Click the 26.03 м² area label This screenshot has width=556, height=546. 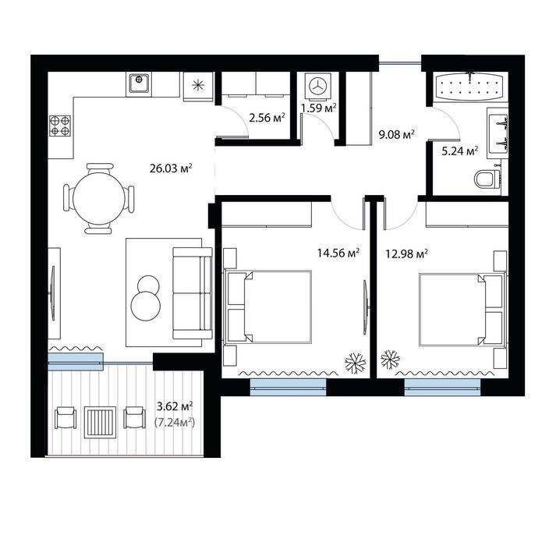(x=171, y=168)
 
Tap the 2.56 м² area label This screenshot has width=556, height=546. (x=267, y=118)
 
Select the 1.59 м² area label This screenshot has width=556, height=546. (x=318, y=108)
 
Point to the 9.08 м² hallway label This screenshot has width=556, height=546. (x=397, y=134)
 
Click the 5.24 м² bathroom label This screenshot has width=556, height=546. (x=460, y=151)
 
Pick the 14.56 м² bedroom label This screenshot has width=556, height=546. (x=338, y=253)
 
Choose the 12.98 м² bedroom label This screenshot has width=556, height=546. (x=407, y=254)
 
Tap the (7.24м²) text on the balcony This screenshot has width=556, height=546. (x=175, y=423)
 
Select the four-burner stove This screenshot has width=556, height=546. (x=59, y=126)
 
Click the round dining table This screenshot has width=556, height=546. (x=99, y=198)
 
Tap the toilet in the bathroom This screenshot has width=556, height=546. (x=487, y=179)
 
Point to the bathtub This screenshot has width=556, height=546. (x=470, y=87)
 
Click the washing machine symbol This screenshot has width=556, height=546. (x=318, y=86)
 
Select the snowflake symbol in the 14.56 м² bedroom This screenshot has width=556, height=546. (x=356, y=363)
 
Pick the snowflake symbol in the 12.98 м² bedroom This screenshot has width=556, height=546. (x=390, y=360)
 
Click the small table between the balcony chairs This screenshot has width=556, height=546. (x=100, y=422)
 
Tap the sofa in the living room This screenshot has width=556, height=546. (x=193, y=293)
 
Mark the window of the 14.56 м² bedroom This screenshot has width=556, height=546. (x=288, y=388)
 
